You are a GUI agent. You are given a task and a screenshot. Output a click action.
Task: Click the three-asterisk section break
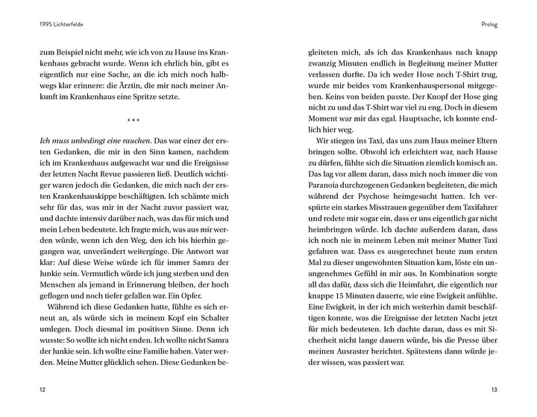pyautogui.click(x=134, y=120)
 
